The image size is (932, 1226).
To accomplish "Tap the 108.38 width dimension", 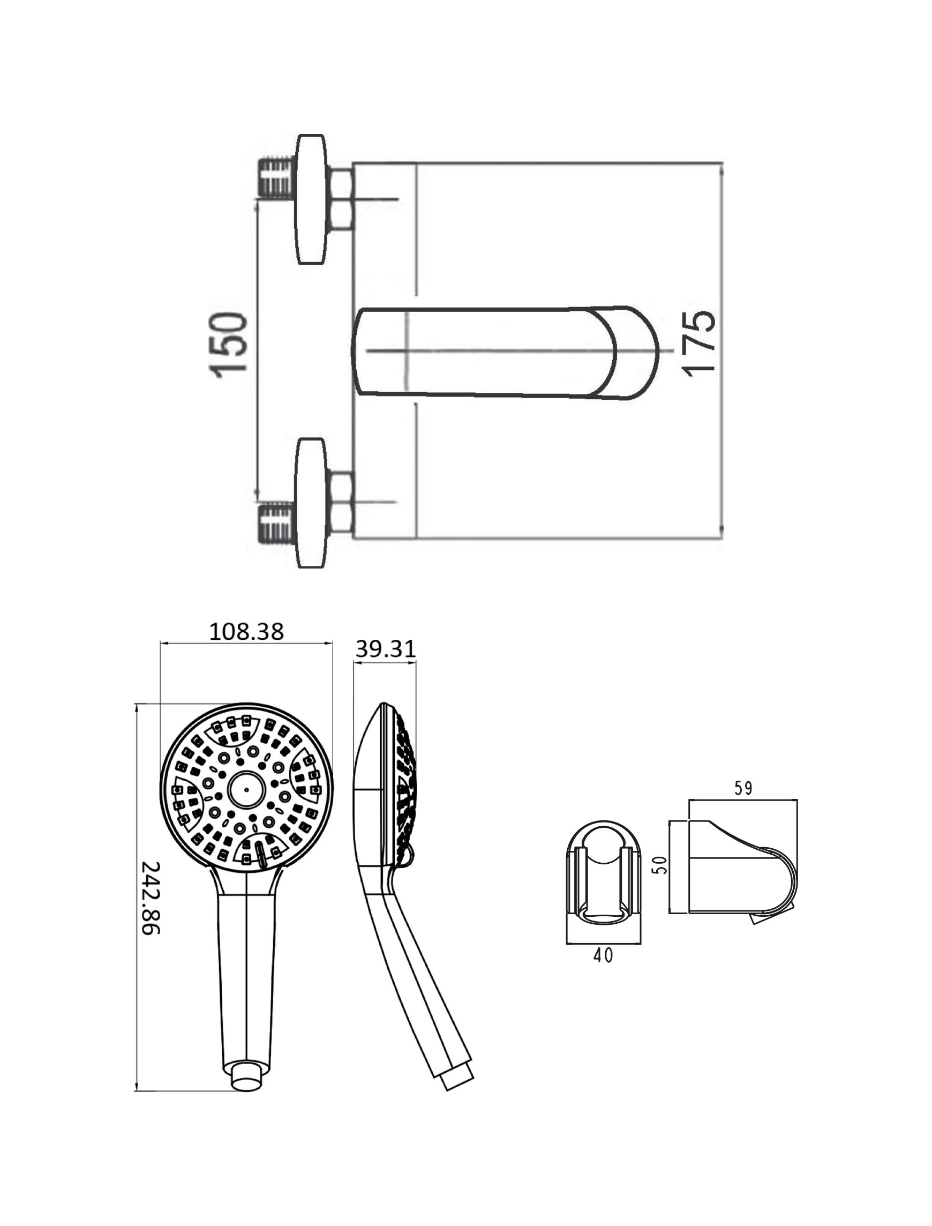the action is click(246, 631).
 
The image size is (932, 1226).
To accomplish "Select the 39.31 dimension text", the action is click(385, 649).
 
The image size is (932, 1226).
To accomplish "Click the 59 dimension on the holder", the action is click(743, 788).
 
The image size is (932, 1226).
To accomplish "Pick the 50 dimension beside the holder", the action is click(659, 865).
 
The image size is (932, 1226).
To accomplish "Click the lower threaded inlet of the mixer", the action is click(276, 522).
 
